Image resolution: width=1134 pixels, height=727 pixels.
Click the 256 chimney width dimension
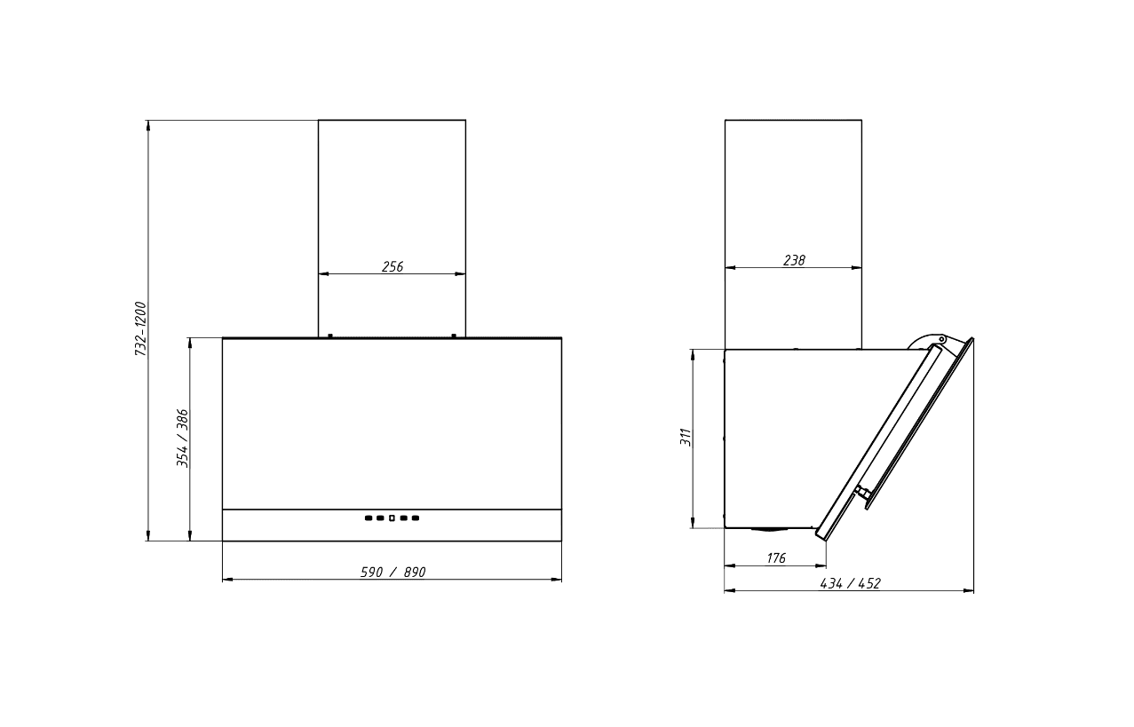(x=393, y=266)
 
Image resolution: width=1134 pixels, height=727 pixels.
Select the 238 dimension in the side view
(x=794, y=261)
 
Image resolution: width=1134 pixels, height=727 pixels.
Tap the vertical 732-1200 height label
(x=140, y=328)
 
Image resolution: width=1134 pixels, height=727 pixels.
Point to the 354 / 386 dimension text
(x=182, y=439)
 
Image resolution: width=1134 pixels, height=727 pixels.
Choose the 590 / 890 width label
(x=393, y=573)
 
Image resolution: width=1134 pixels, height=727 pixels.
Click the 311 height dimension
(x=686, y=437)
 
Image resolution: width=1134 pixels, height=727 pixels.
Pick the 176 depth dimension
(x=776, y=558)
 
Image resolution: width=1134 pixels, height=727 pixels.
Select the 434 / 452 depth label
(x=851, y=583)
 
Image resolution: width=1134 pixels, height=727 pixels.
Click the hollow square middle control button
(x=392, y=518)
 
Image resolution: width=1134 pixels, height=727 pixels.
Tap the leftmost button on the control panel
(x=369, y=518)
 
